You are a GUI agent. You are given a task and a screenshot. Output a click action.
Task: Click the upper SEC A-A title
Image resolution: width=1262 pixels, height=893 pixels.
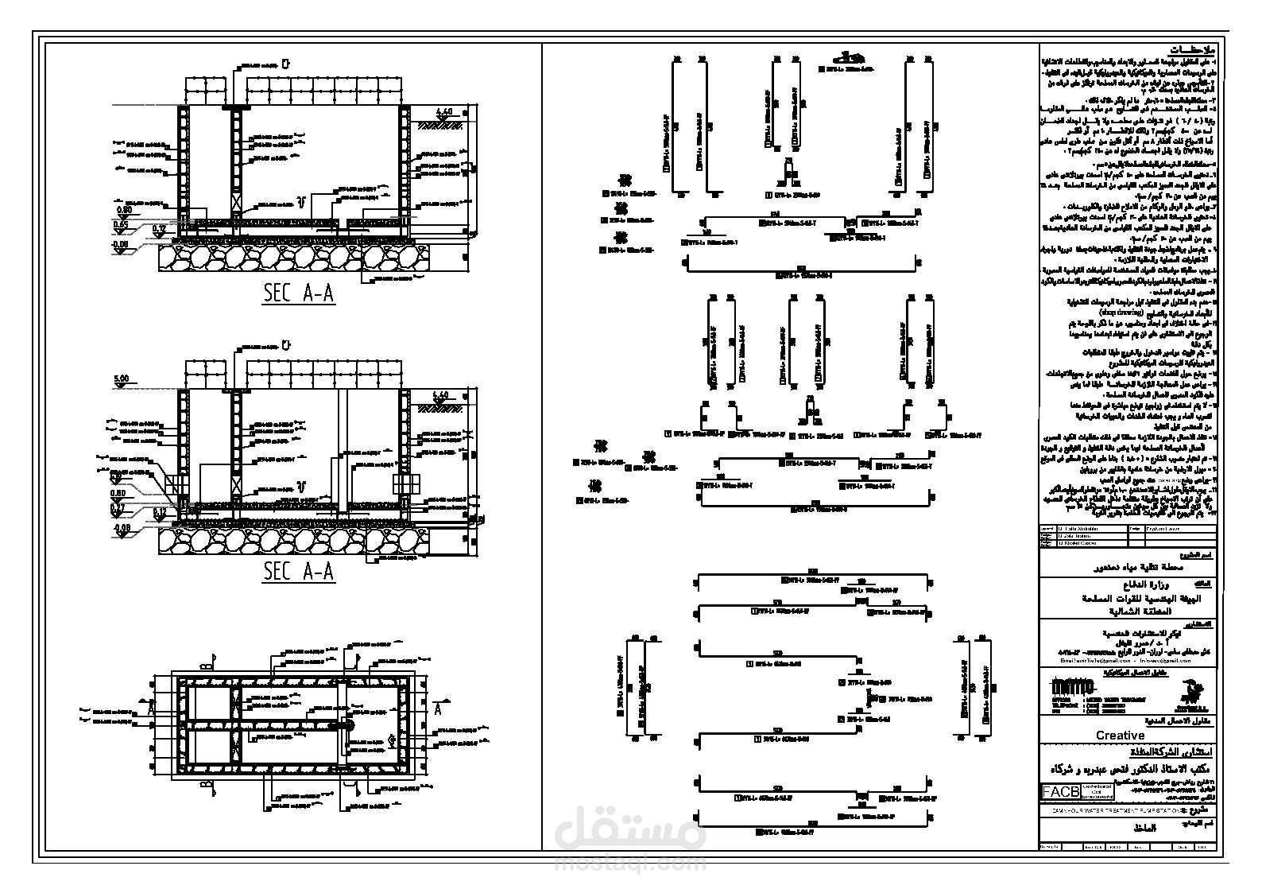299,294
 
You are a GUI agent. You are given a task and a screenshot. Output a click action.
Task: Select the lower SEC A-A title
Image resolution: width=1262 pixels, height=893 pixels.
299,571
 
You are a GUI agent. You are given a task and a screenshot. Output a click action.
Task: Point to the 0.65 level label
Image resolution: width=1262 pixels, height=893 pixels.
121,225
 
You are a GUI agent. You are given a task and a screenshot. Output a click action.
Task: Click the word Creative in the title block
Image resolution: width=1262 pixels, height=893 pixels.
1120,736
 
